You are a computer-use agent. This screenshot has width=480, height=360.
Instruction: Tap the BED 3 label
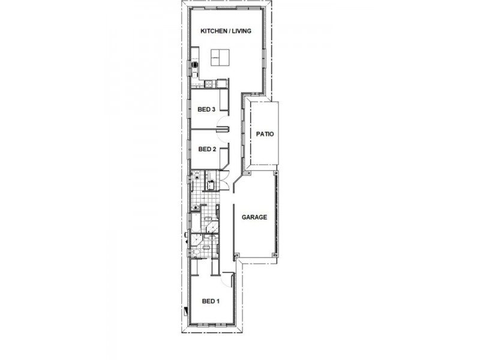pyautogui.click(x=206, y=109)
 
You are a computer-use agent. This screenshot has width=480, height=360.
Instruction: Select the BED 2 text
pyautogui.click(x=206, y=149)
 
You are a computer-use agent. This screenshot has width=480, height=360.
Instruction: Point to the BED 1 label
pyautogui.click(x=210, y=301)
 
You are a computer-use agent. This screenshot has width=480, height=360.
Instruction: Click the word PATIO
pyautogui.click(x=265, y=134)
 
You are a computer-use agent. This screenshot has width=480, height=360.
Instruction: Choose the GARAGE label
pyautogui.click(x=254, y=217)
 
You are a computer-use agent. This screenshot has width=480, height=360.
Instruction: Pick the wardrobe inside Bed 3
pyautogui.click(x=223, y=100)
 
